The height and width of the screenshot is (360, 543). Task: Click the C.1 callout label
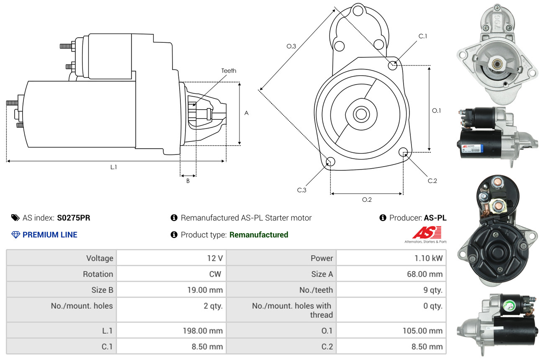(x=423, y=36)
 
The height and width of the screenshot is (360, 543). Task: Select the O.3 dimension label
(x=291, y=46)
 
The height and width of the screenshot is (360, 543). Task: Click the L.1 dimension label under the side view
(x=113, y=167)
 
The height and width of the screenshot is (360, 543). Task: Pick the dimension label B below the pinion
(x=188, y=181)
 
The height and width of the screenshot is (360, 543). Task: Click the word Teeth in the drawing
(x=229, y=71)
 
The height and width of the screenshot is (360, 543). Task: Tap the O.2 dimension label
(x=367, y=200)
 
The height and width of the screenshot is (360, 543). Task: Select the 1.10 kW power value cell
(x=428, y=258)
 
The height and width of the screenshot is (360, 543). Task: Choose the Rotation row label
(x=98, y=274)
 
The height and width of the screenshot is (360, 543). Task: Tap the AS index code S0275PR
(x=74, y=218)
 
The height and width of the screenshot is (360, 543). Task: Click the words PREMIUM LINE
(x=50, y=235)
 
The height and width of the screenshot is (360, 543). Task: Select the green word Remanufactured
(x=259, y=235)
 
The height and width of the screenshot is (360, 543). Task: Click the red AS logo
(x=426, y=233)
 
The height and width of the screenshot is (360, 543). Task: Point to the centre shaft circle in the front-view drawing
(x=360, y=114)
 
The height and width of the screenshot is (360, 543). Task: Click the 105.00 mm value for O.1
(x=422, y=331)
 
